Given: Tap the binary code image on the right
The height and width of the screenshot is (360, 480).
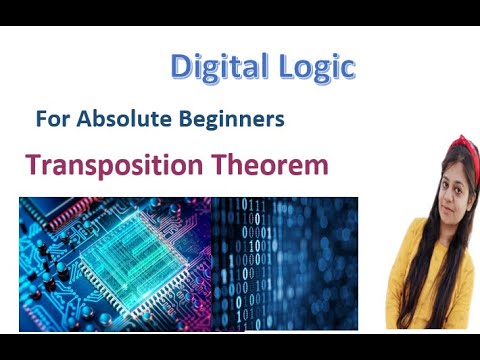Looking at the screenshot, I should tap(285, 262).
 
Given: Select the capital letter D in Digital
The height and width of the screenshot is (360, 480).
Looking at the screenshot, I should tap(181, 68).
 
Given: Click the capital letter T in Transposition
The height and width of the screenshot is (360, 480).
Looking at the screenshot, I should tap(34, 165).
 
